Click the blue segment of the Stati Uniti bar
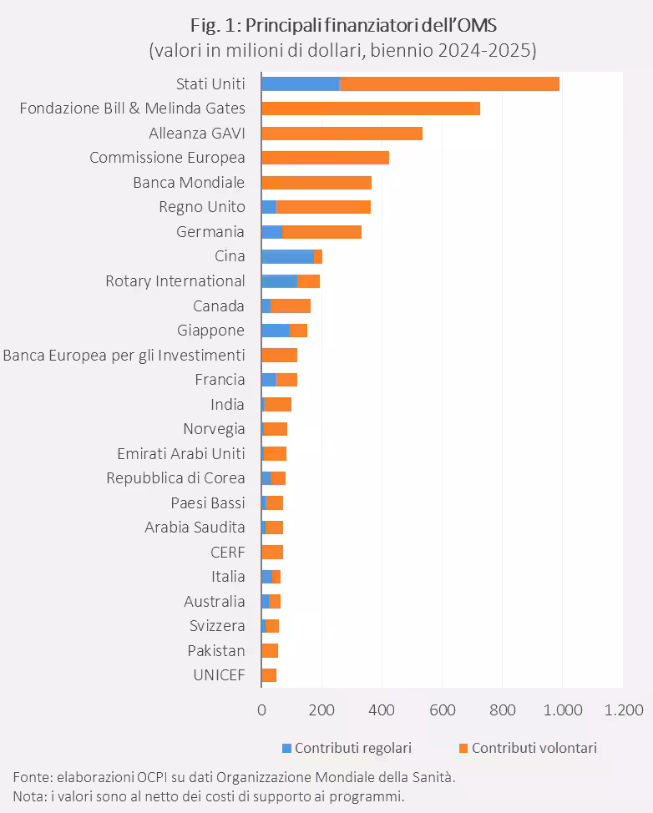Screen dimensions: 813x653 point(300,83)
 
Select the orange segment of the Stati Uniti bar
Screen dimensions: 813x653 point(449,83)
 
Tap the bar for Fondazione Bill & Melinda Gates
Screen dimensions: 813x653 point(370,109)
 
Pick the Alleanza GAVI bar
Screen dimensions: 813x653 point(342,134)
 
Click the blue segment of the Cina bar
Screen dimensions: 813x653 point(286,256)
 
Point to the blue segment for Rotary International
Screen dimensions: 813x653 point(279,281)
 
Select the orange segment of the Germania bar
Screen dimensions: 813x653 point(321,232)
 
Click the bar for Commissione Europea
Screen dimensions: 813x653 point(325,158)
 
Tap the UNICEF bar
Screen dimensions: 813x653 point(269,675)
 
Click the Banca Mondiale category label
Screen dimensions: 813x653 point(189,183)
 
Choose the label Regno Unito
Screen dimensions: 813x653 point(202,207)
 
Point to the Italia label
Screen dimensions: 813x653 point(228,577)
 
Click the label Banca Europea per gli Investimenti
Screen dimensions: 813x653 point(124,356)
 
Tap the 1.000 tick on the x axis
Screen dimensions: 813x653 point(562,710)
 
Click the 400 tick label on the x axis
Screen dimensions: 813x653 point(382,710)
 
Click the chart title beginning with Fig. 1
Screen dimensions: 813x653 point(342,24)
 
